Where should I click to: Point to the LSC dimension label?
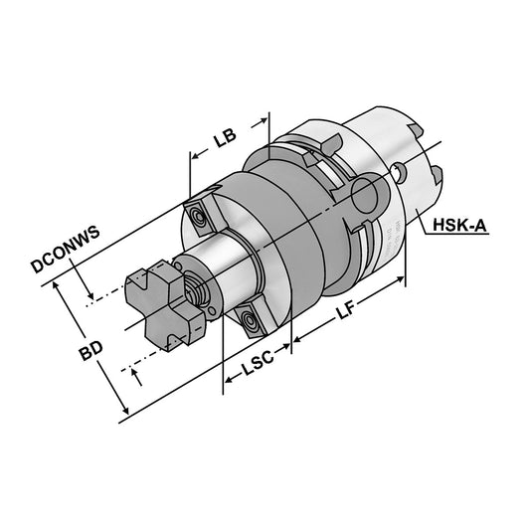click(x=254, y=376)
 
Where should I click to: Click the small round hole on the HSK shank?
click(x=398, y=175)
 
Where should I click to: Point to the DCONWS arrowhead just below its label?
click(x=90, y=295)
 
